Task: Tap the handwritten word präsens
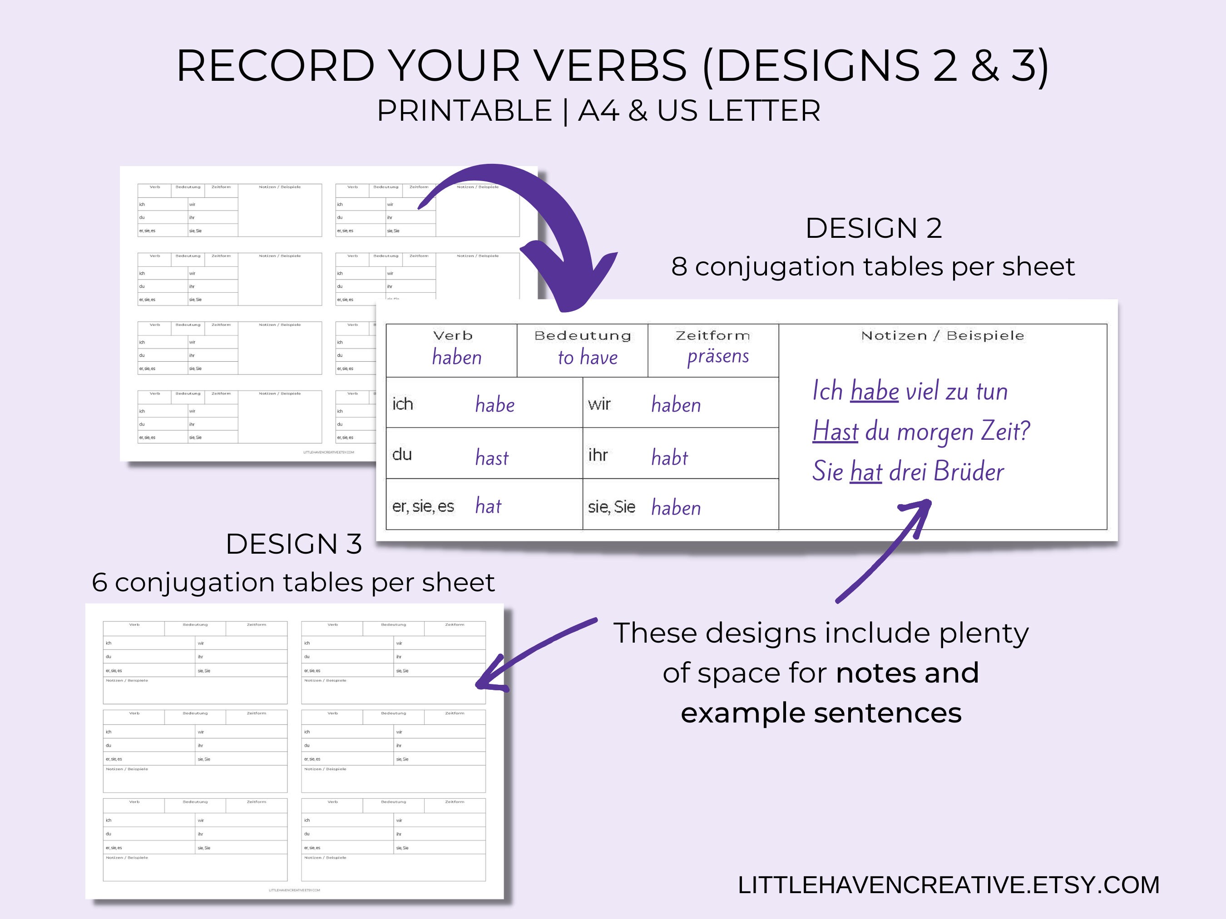pos(718,356)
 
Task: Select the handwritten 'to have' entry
pos(588,357)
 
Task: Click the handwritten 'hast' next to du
pos(492,457)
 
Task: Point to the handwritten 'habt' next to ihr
pos(670,457)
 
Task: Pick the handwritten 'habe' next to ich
pos(494,405)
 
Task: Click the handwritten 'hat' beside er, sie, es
pos(488,506)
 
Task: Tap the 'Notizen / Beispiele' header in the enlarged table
pos(942,336)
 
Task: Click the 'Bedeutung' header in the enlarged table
pos(583,336)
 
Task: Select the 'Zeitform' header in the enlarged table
pos(713,336)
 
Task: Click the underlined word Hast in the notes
pos(835,431)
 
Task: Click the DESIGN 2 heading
pos(874,228)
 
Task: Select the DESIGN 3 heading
pos(294,544)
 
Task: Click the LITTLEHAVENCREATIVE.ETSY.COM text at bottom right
pos(948,885)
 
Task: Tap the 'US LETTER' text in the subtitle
pos(738,111)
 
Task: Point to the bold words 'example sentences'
pos(821,713)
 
